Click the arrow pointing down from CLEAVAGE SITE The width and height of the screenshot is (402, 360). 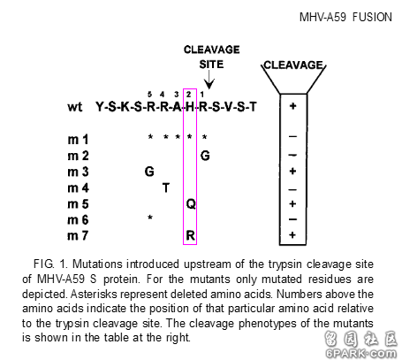[209, 80]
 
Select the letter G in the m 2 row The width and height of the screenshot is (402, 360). [205, 156]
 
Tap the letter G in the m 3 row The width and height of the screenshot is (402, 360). [149, 172]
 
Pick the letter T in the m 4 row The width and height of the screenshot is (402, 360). [166, 188]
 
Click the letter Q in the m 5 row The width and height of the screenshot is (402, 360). [191, 203]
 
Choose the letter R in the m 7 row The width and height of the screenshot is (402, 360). [191, 235]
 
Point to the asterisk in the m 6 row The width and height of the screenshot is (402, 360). [150, 218]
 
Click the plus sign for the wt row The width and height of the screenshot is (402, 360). [292, 106]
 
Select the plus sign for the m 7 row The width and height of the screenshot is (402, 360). [292, 235]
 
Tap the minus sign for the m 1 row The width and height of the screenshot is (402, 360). [292, 136]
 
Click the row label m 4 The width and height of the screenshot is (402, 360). [78, 188]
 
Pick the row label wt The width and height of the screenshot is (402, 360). [75, 106]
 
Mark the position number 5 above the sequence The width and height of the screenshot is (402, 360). [149, 95]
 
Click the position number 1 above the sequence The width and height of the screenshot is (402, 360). [201, 95]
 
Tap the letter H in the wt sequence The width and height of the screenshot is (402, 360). [190, 106]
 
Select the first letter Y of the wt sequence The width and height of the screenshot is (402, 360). [100, 106]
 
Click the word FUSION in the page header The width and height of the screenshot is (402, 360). [372, 17]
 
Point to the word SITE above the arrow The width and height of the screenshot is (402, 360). [211, 65]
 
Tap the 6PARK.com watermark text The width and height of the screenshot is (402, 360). [361, 353]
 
